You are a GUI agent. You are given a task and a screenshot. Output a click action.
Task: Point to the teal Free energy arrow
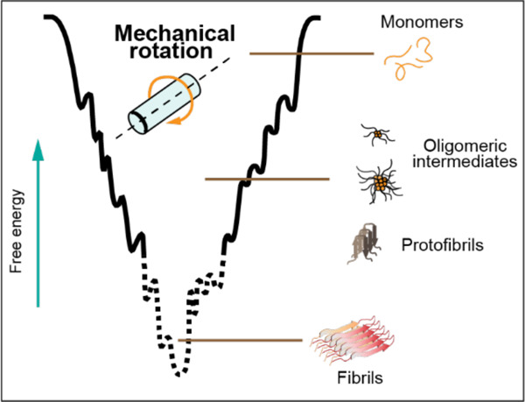[38, 219]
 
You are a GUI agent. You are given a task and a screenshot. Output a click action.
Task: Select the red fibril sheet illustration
[350, 343]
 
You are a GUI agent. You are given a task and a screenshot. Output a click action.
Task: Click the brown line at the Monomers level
[311, 53]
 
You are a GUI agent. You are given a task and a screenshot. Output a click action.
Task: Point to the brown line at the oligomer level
[267, 180]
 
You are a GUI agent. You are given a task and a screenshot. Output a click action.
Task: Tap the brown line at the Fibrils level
[241, 340]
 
